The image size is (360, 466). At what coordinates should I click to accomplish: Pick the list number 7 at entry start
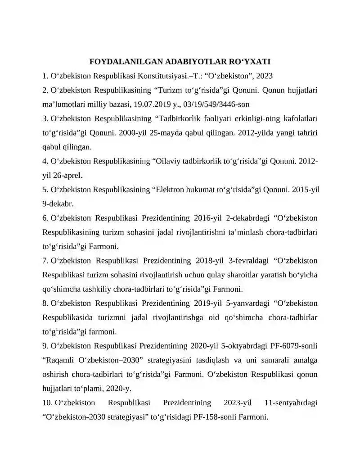[45, 261]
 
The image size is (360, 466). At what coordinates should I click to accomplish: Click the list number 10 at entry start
[47, 403]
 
